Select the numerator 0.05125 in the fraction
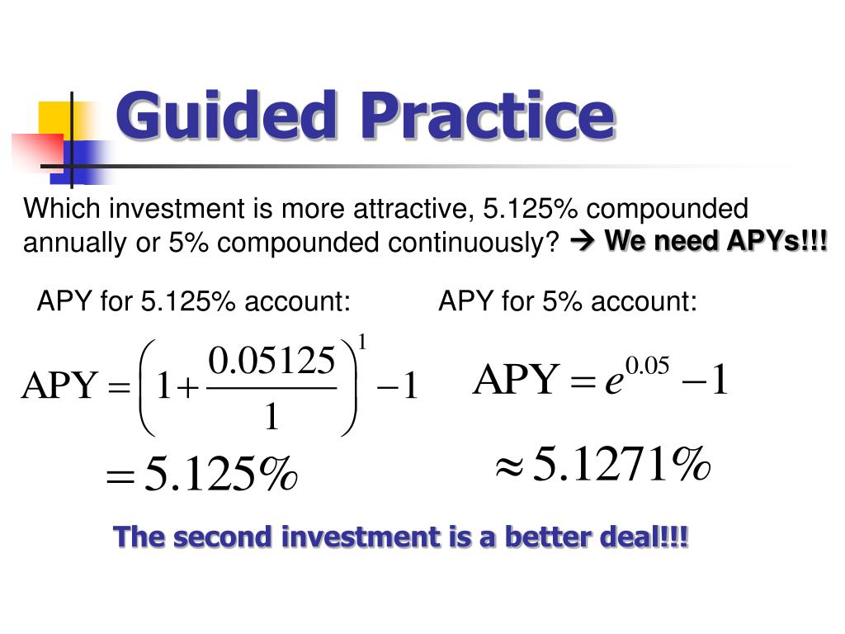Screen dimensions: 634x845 pyautogui.click(x=272, y=361)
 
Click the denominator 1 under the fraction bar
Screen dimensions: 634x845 pyautogui.click(x=271, y=419)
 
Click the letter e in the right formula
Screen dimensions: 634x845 pyautogui.click(x=613, y=382)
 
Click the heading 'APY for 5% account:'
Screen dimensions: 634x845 pyautogui.click(x=568, y=302)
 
